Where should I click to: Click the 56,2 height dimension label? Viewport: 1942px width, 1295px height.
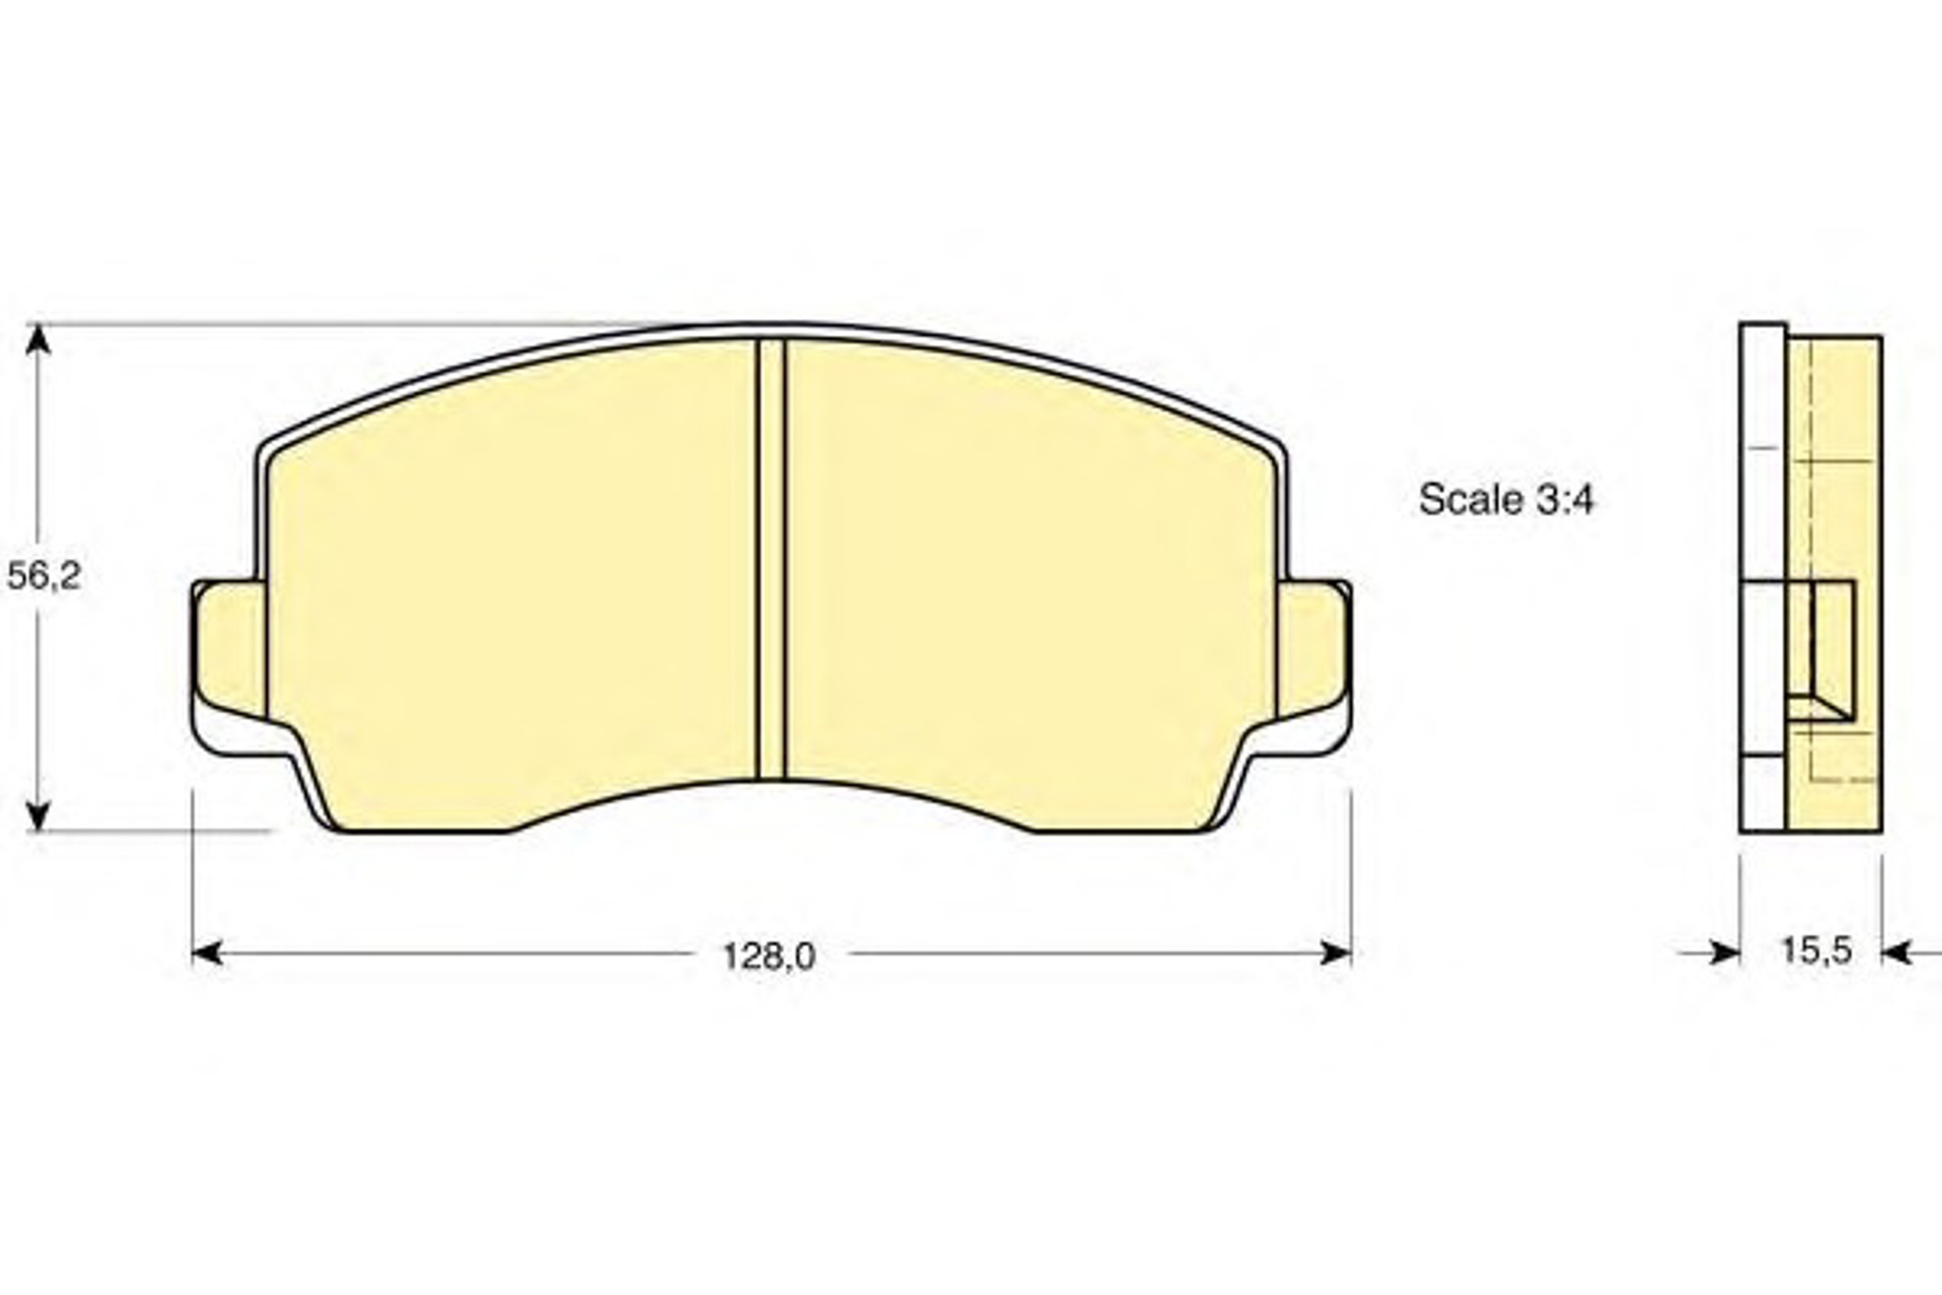(44, 575)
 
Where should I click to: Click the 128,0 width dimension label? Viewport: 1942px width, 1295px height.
(769, 957)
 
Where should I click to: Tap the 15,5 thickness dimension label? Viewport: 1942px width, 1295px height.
(1816, 949)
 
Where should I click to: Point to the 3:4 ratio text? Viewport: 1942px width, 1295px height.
(1565, 499)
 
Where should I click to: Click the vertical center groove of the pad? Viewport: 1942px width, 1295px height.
(771, 559)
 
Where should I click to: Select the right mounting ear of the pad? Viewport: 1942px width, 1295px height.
(1313, 649)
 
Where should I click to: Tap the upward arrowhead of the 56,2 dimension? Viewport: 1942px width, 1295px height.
(38, 338)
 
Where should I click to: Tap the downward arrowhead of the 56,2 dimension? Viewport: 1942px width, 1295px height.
(38, 815)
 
